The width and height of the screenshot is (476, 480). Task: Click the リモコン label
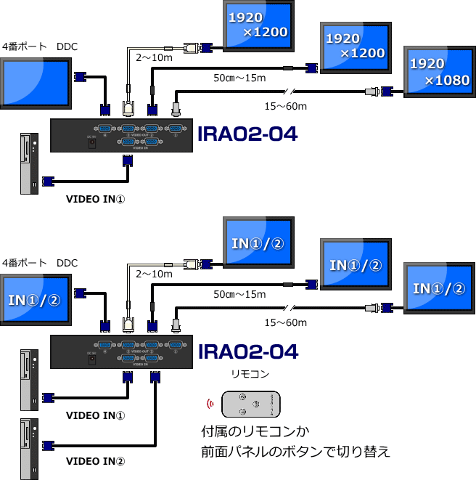(x=250, y=375)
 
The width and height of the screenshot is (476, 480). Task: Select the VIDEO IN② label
(x=96, y=460)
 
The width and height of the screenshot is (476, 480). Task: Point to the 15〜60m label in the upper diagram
(x=285, y=107)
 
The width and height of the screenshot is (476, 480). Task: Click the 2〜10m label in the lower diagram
(x=155, y=274)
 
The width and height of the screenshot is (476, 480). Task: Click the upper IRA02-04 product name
(x=247, y=134)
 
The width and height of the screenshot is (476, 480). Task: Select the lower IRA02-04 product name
(x=247, y=352)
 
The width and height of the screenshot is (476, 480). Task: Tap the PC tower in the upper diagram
(x=30, y=163)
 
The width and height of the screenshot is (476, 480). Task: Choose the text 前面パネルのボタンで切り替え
(x=296, y=452)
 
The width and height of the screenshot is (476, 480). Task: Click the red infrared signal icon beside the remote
(x=211, y=404)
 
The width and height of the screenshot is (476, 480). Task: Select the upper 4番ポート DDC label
(x=40, y=47)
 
